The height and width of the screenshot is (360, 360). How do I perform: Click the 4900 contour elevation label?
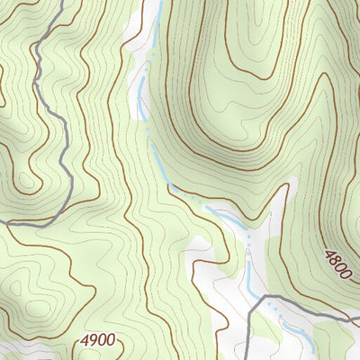click(x=97, y=340)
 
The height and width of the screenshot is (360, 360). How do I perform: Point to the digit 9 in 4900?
click(x=92, y=340)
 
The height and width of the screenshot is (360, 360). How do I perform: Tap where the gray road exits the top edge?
click(x=64, y=1)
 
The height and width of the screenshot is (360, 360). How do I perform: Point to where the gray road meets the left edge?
click(x=1, y=220)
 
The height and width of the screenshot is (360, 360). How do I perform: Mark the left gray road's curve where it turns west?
click(x=56, y=212)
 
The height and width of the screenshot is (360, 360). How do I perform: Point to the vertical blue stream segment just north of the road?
click(x=249, y=274)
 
